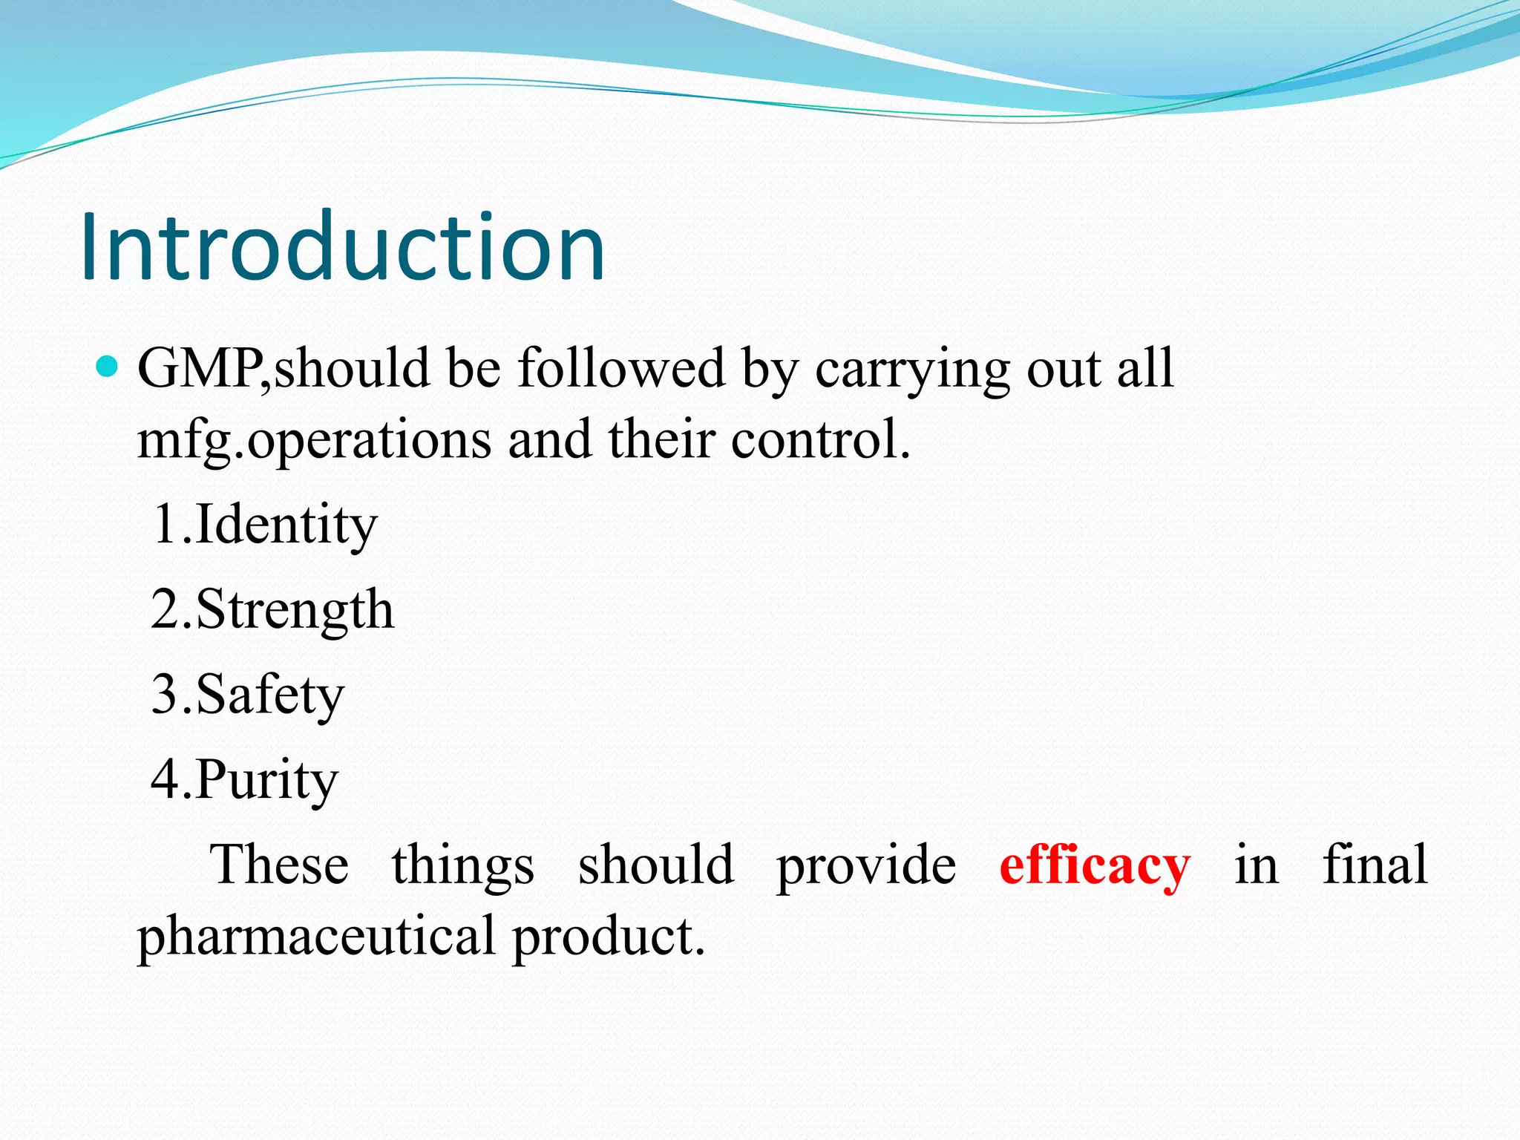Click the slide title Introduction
pyautogui.click(x=343, y=246)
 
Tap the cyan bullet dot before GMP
pyautogui.click(x=108, y=367)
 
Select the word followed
pyautogui.click(x=620, y=368)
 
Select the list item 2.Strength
pyautogui.click(x=272, y=610)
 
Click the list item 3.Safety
pyautogui.click(x=248, y=695)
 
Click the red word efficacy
pyautogui.click(x=1095, y=866)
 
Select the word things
pyautogui.click(x=463, y=866)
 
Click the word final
pyautogui.click(x=1375, y=865)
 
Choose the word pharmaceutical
pyautogui.click(x=316, y=937)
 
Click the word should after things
pyautogui.click(x=656, y=865)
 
